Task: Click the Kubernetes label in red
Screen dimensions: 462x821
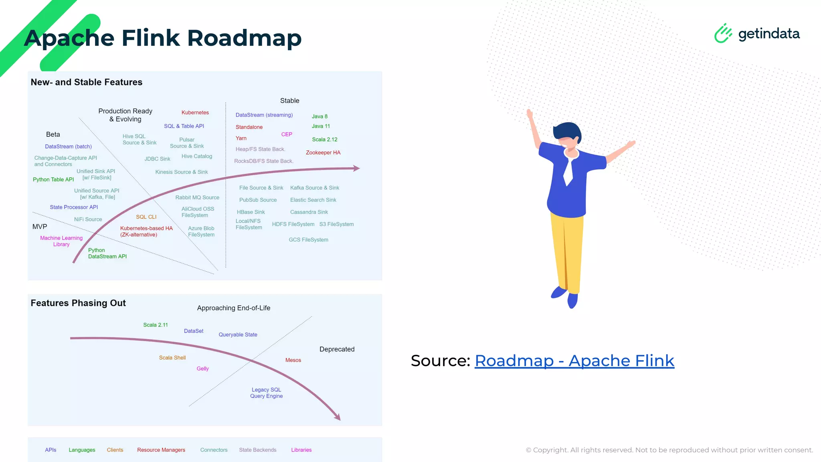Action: [195, 113]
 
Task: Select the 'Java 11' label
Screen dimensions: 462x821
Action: [321, 126]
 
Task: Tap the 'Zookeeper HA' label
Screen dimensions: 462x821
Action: [323, 153]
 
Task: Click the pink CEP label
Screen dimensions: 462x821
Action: [287, 134]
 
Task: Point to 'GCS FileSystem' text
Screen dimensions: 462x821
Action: [308, 240]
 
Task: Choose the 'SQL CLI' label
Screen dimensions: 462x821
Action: [146, 217]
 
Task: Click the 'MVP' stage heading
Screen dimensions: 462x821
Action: [40, 227]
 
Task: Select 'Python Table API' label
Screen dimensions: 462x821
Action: [53, 180]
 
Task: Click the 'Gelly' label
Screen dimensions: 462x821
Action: [202, 369]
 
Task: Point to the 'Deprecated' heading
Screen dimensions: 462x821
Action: [337, 349]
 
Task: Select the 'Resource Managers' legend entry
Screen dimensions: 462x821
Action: [161, 450]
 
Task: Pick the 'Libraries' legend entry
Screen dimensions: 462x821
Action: [301, 450]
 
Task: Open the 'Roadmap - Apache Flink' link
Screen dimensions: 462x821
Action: [574, 361]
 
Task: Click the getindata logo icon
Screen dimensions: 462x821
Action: [723, 33]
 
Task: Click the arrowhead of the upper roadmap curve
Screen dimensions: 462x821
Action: [356, 168]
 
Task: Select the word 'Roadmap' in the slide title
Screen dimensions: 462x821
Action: [244, 38]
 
